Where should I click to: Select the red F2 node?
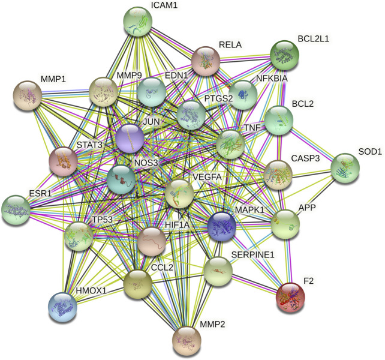pyautogui.click(x=293, y=298)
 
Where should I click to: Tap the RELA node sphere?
pyautogui.click(x=207, y=62)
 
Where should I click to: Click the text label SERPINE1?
pyautogui.click(x=252, y=254)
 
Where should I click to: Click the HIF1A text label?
pyautogui.click(x=178, y=224)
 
